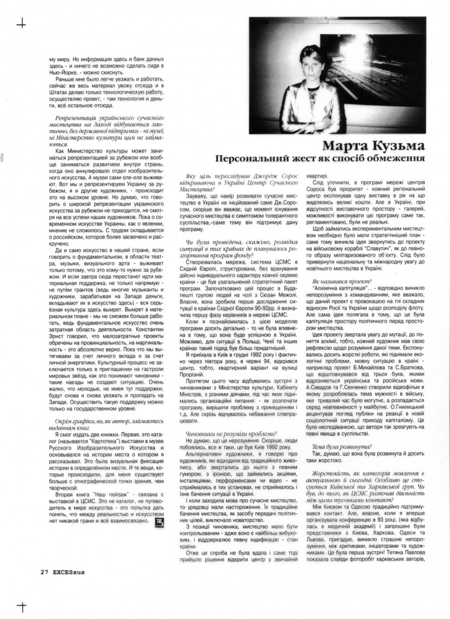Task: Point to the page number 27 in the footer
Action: [x=45, y=571]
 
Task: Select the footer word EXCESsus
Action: [x=69, y=571]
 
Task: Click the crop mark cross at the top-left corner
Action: [x=21, y=23]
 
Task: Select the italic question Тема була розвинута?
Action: [x=342, y=446]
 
